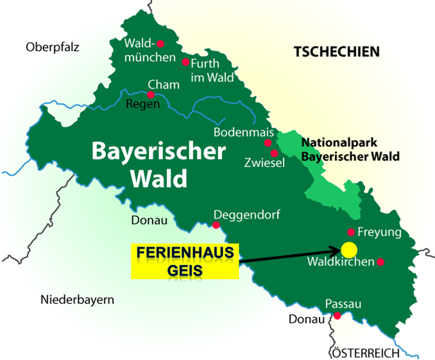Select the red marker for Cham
(151, 95)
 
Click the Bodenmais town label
(238, 133)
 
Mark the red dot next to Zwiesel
(274, 153)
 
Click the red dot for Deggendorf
(216, 225)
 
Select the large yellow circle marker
(349, 248)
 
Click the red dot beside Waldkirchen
(381, 262)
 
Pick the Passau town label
(343, 304)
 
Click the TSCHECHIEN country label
(336, 52)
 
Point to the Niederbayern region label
(77, 299)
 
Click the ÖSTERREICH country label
(365, 352)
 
